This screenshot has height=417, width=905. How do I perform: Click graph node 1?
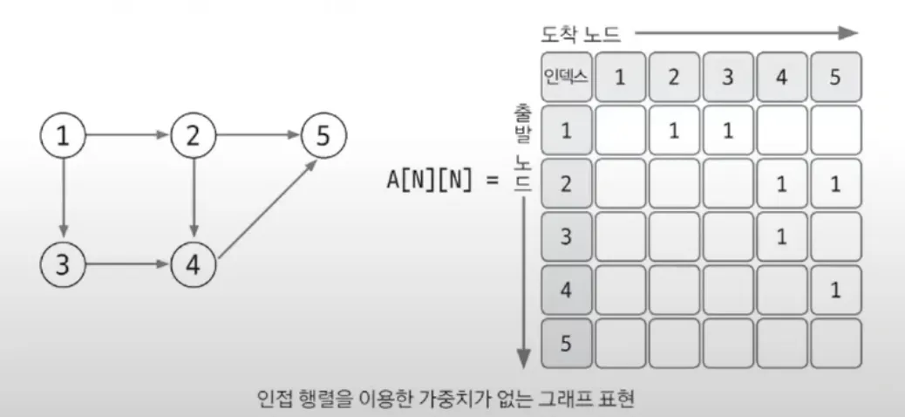click(x=63, y=136)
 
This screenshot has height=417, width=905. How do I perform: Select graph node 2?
click(x=194, y=136)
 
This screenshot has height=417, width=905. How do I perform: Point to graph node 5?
click(x=323, y=136)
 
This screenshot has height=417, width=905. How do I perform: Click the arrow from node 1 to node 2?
click(x=128, y=136)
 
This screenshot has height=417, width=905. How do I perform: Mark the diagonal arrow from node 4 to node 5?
click(x=262, y=209)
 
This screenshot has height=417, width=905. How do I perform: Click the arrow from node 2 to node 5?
click(x=259, y=136)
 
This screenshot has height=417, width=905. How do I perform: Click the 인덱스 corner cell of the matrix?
click(x=566, y=77)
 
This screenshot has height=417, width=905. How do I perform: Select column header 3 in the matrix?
click(x=728, y=77)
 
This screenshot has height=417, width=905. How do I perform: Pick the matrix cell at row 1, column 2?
click(x=673, y=131)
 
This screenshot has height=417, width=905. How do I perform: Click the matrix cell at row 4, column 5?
click(x=835, y=291)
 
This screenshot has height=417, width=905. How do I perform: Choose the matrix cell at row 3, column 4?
click(x=781, y=237)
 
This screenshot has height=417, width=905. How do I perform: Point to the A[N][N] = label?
click(x=443, y=181)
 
